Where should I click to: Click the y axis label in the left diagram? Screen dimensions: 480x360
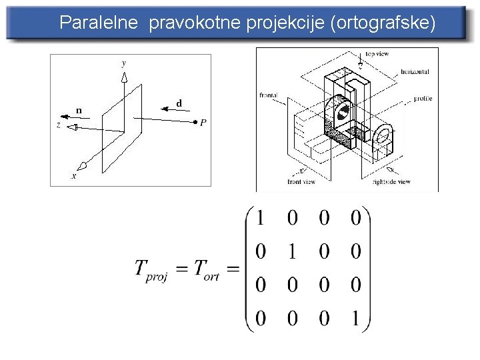pos(124,63)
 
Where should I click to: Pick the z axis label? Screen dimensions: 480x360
pos(59,125)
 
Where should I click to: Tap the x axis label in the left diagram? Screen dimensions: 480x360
pos(73,175)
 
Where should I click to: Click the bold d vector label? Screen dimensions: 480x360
pos(179,103)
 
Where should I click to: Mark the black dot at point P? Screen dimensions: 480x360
pos(195,122)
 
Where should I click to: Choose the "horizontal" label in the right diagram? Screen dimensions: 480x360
pos(415,71)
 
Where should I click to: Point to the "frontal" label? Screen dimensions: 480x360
pos(268,95)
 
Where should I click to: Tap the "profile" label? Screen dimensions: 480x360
pos(423,98)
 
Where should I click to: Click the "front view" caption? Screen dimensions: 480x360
pos(304,181)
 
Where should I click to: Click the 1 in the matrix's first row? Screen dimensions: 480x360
pos(260,217)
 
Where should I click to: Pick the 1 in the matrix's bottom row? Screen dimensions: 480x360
pos(355,319)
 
